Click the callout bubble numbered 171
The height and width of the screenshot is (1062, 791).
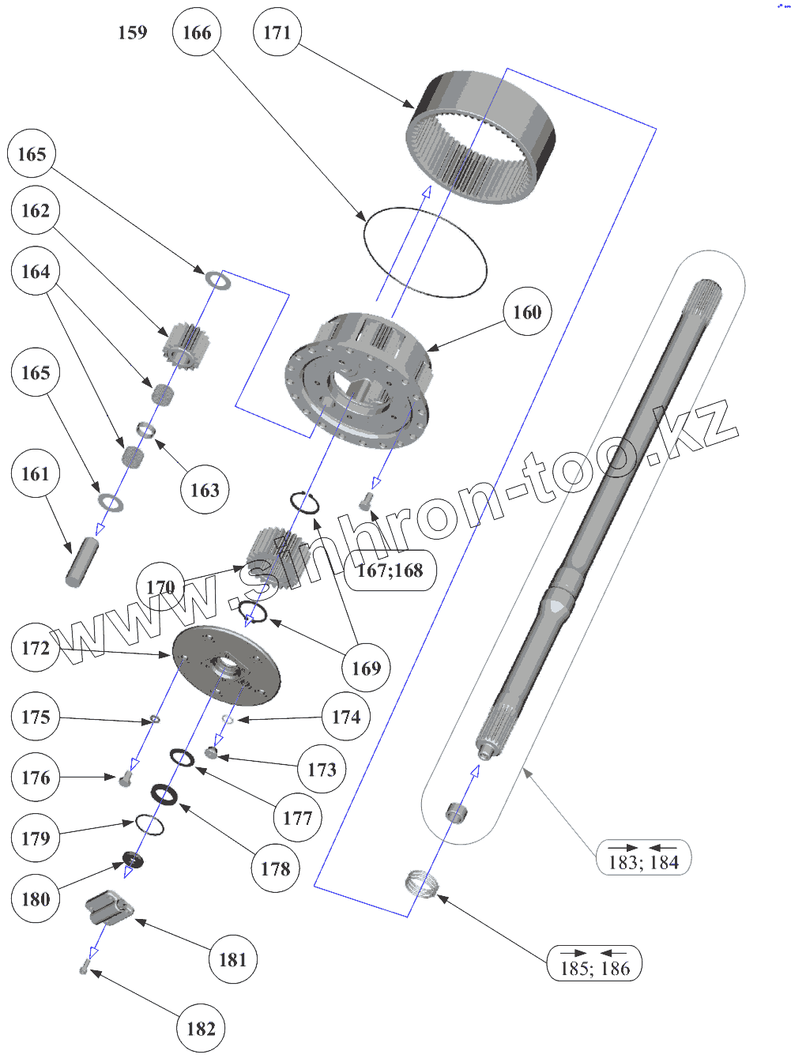pyautogui.click(x=277, y=32)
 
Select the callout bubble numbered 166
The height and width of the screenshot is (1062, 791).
pyautogui.click(x=196, y=32)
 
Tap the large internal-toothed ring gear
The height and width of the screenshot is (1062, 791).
pyautogui.click(x=482, y=138)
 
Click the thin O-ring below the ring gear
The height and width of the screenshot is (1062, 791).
pyautogui.click(x=424, y=252)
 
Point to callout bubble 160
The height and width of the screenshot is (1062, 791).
pyautogui.click(x=527, y=312)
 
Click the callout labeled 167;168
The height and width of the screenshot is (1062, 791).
pyautogui.click(x=390, y=571)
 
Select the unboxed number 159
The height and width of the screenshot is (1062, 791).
pyautogui.click(x=132, y=32)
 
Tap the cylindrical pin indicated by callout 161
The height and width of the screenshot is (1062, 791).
pyautogui.click(x=81, y=562)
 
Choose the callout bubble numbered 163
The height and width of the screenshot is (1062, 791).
pyautogui.click(x=205, y=491)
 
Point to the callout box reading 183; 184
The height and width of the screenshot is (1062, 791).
pyautogui.click(x=643, y=858)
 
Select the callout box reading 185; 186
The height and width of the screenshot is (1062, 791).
pyautogui.click(x=594, y=964)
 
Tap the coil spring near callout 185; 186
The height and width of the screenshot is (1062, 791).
pyautogui.click(x=422, y=883)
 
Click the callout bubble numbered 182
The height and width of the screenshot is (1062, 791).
pyautogui.click(x=201, y=1029)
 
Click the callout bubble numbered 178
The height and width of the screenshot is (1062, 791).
pyautogui.click(x=275, y=869)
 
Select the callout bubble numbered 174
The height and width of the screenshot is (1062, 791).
pyautogui.click(x=345, y=717)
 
